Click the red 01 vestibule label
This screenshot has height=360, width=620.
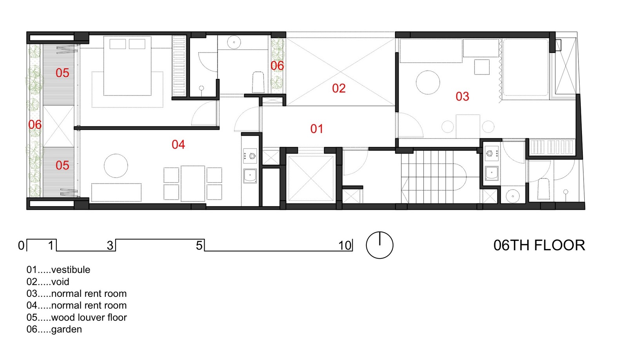click(317, 129)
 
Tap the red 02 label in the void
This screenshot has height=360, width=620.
click(339, 88)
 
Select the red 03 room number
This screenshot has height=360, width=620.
click(462, 96)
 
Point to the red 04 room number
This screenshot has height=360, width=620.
click(178, 145)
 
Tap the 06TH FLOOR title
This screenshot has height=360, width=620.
click(539, 245)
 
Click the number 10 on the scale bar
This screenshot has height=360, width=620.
click(345, 245)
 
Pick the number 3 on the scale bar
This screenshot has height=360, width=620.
click(110, 245)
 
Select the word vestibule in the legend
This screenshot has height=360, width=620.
click(71, 270)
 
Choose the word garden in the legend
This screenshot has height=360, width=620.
click(67, 329)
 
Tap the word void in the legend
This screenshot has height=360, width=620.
click(60, 282)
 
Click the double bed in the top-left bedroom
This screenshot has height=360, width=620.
click(127, 65)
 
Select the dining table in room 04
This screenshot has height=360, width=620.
click(193, 183)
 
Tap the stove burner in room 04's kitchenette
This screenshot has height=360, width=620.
click(252, 156)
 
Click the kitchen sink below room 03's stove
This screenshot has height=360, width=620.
click(491, 173)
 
